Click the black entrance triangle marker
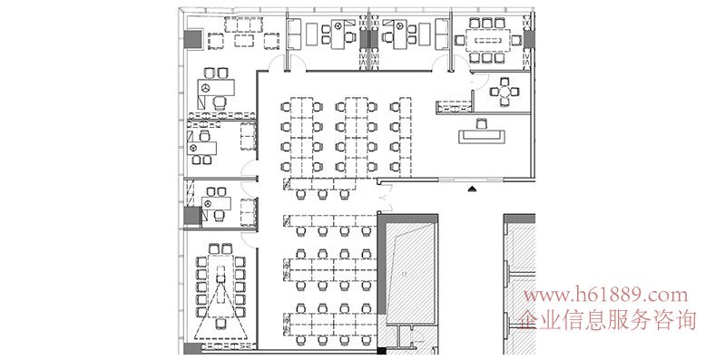click(472, 189)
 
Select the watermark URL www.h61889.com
click(605, 295)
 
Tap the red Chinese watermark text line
click(607, 320)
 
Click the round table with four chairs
click(505, 92)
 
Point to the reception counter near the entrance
click(481, 137)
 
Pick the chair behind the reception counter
click(481, 123)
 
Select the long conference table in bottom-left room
click(220, 286)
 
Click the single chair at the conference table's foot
click(220, 324)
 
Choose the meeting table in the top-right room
click(488, 40)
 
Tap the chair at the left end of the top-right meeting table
click(460, 40)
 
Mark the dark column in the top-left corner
click(193, 38)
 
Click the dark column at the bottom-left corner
click(192, 348)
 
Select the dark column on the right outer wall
click(529, 39)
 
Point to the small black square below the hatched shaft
click(381, 351)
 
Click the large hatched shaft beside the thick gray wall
click(410, 274)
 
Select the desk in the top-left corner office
click(216, 87)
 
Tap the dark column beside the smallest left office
click(192, 216)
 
